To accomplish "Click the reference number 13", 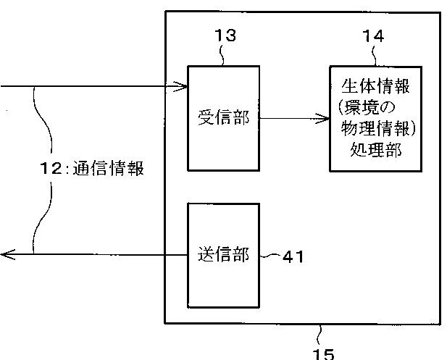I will pos(225,36).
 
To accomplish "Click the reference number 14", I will pos(373,36).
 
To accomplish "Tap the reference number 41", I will pos(293,256).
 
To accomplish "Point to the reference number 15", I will pos(323,353).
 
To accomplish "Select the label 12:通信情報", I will pos(91,169).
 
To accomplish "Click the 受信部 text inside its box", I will pos(223,117).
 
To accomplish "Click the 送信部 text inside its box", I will pos(223,255).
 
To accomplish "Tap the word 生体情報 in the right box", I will pos(375,87).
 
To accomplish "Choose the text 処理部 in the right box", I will pos(375,151).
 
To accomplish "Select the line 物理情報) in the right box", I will pos(375,130).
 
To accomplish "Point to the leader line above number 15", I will pos(321,334).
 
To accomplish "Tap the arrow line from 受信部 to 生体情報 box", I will pos(290,118).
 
